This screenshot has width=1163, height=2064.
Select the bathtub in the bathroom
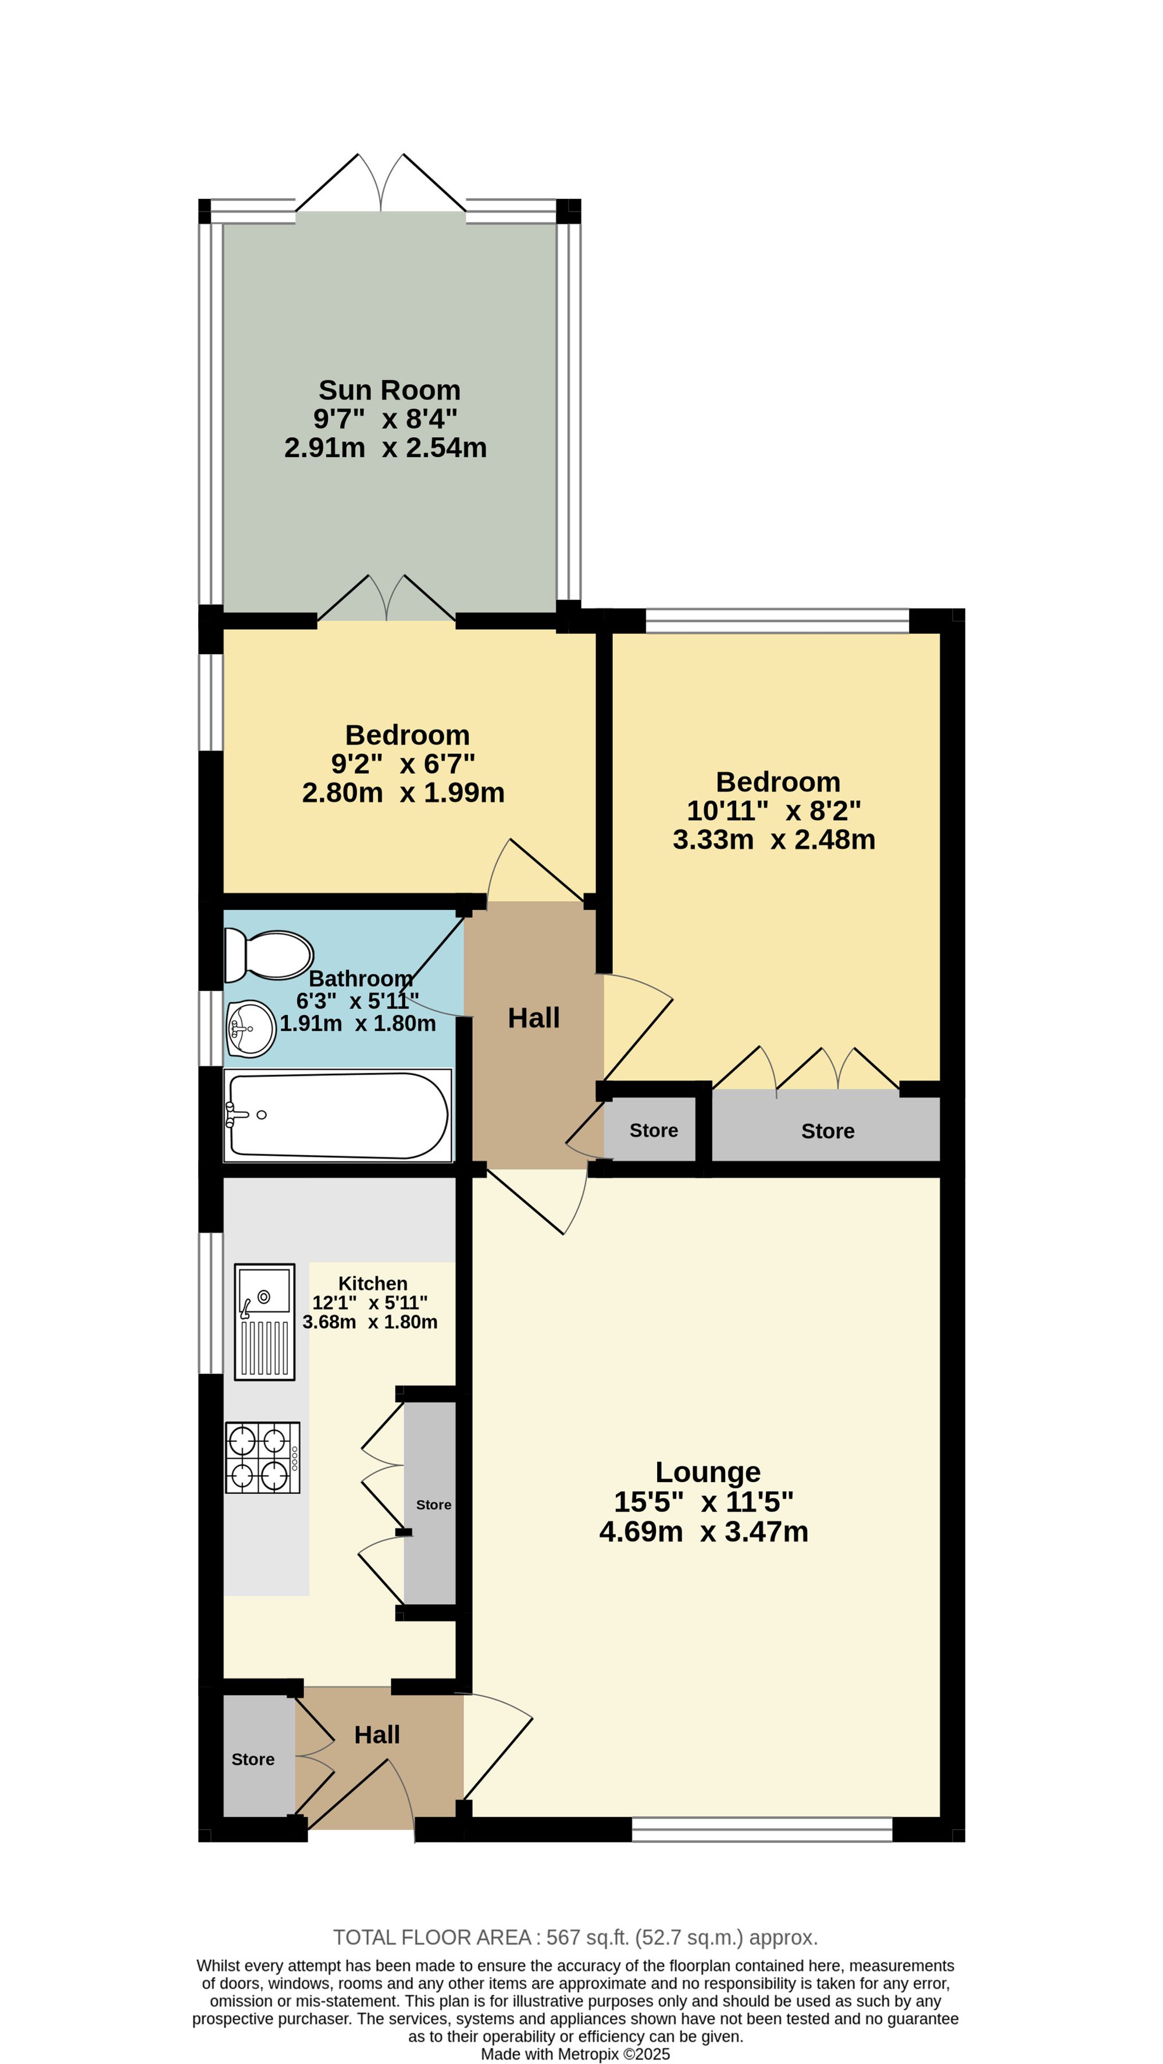click(x=337, y=1115)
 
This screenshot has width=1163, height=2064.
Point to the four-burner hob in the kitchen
click(x=263, y=1458)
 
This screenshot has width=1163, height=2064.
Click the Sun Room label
click(x=390, y=390)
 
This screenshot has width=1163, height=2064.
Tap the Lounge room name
click(x=708, y=1472)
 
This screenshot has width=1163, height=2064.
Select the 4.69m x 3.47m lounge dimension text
click(x=704, y=1531)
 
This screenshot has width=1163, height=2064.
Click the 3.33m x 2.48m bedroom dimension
click(x=774, y=839)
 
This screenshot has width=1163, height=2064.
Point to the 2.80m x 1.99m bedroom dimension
click(x=403, y=792)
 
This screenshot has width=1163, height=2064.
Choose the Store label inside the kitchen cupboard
click(x=434, y=1505)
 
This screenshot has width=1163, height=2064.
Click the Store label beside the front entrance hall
click(x=254, y=1759)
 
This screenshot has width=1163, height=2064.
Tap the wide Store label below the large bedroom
click(x=828, y=1131)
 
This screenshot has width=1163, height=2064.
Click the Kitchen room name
click(x=373, y=1284)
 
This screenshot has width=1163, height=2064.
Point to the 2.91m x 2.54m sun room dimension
click(x=386, y=447)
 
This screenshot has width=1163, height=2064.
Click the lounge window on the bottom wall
click(x=762, y=1829)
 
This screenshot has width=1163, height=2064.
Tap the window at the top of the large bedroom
click(x=777, y=620)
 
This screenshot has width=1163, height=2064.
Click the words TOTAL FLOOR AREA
click(x=432, y=1937)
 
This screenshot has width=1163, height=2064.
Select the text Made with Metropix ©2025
click(x=576, y=2054)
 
